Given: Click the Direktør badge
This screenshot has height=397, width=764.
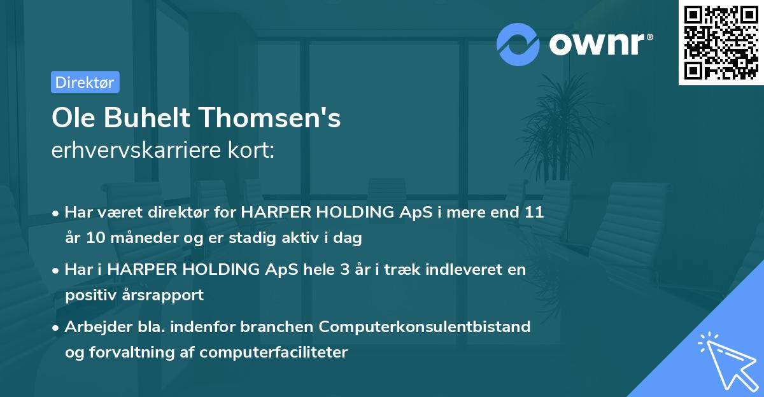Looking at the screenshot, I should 85,82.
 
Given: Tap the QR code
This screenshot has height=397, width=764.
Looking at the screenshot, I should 721,42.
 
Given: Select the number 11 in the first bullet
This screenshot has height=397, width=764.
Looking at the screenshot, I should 535,212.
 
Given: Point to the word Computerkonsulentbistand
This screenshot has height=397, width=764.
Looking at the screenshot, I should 425,326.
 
